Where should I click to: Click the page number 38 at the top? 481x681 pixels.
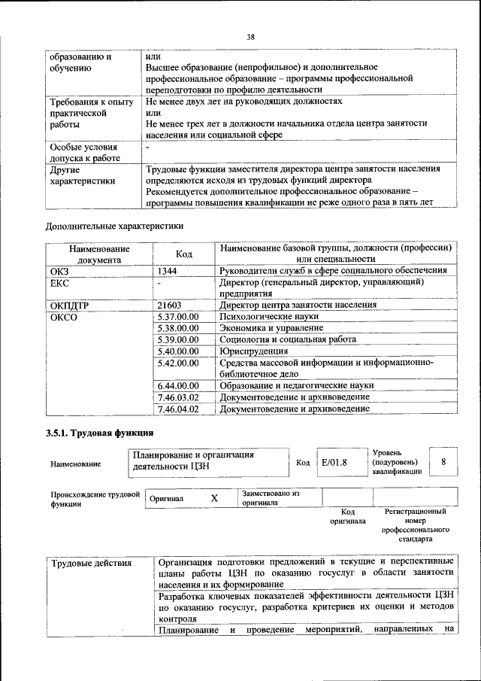(x=251, y=35)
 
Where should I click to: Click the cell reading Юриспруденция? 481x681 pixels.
(x=254, y=351)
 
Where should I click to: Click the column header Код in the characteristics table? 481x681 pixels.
(x=185, y=254)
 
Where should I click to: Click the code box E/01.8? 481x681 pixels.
(x=334, y=463)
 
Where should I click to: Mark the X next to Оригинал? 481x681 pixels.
(x=214, y=498)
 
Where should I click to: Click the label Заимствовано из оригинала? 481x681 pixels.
(x=270, y=497)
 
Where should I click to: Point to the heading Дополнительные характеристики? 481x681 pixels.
(x=114, y=224)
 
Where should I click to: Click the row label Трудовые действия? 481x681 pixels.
(x=90, y=563)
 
